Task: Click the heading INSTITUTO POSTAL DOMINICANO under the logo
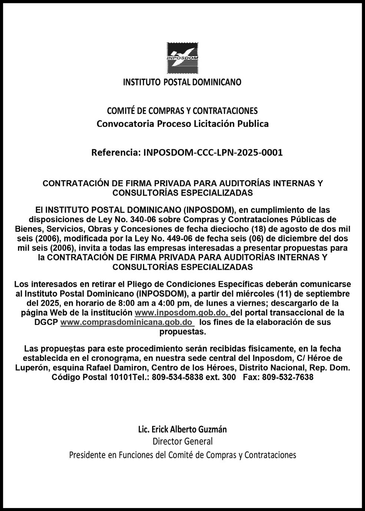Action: tap(182, 82)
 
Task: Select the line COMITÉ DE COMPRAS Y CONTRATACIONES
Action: tap(182, 111)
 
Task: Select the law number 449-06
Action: tap(180, 238)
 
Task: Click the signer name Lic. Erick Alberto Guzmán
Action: tap(182, 429)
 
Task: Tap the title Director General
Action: tap(182, 441)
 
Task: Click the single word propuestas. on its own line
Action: tap(182, 332)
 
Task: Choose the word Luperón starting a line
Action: tap(31, 368)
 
